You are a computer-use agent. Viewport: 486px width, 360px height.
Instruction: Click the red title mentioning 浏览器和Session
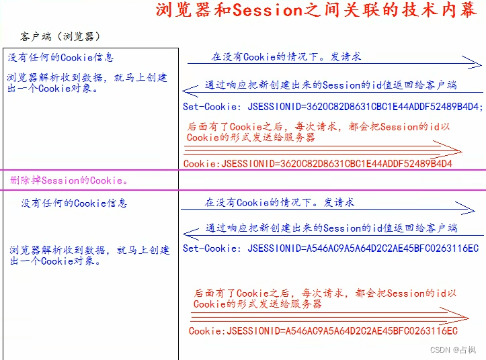(317, 11)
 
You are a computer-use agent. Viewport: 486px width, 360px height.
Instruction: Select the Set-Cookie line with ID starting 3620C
(333, 106)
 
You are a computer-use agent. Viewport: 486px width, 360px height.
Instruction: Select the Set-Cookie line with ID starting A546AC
(331, 249)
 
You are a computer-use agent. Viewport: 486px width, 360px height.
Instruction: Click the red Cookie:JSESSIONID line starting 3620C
(317, 164)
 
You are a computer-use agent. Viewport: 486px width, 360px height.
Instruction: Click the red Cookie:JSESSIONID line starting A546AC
(323, 331)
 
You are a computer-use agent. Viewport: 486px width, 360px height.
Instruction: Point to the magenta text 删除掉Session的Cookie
(69, 180)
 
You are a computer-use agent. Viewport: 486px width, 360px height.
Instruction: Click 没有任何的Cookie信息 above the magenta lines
(60, 58)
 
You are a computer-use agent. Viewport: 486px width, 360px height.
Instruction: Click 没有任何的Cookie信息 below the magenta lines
(74, 204)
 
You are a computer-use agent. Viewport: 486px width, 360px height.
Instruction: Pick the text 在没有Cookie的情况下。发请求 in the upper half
(286, 57)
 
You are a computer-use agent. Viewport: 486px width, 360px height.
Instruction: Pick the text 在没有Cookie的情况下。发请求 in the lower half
(280, 202)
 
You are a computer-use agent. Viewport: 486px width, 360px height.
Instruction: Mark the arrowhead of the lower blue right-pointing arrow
(469, 209)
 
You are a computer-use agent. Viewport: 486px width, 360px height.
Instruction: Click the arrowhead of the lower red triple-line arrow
(462, 317)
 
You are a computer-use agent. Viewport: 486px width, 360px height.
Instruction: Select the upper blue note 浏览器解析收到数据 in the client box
(88, 83)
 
